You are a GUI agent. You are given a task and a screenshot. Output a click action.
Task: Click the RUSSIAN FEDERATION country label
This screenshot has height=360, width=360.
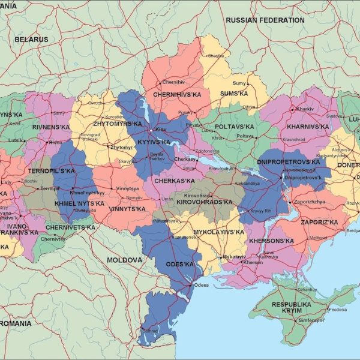265,20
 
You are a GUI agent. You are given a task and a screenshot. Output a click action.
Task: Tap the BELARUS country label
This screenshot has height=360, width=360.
31,39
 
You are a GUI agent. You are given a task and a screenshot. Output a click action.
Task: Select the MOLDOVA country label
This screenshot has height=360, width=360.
124,260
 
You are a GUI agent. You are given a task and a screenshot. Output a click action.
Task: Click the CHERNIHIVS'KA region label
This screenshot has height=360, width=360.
176,94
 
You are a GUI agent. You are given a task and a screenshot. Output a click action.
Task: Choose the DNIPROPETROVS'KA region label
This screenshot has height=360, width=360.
288,162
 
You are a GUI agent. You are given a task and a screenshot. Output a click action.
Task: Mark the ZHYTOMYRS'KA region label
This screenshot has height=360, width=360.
116,124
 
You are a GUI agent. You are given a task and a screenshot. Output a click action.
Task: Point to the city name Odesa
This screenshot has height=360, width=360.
201,285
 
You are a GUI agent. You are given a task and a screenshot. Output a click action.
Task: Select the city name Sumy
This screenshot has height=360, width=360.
239,83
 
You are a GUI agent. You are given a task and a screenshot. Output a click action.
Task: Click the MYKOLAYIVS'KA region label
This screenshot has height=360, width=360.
218,232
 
